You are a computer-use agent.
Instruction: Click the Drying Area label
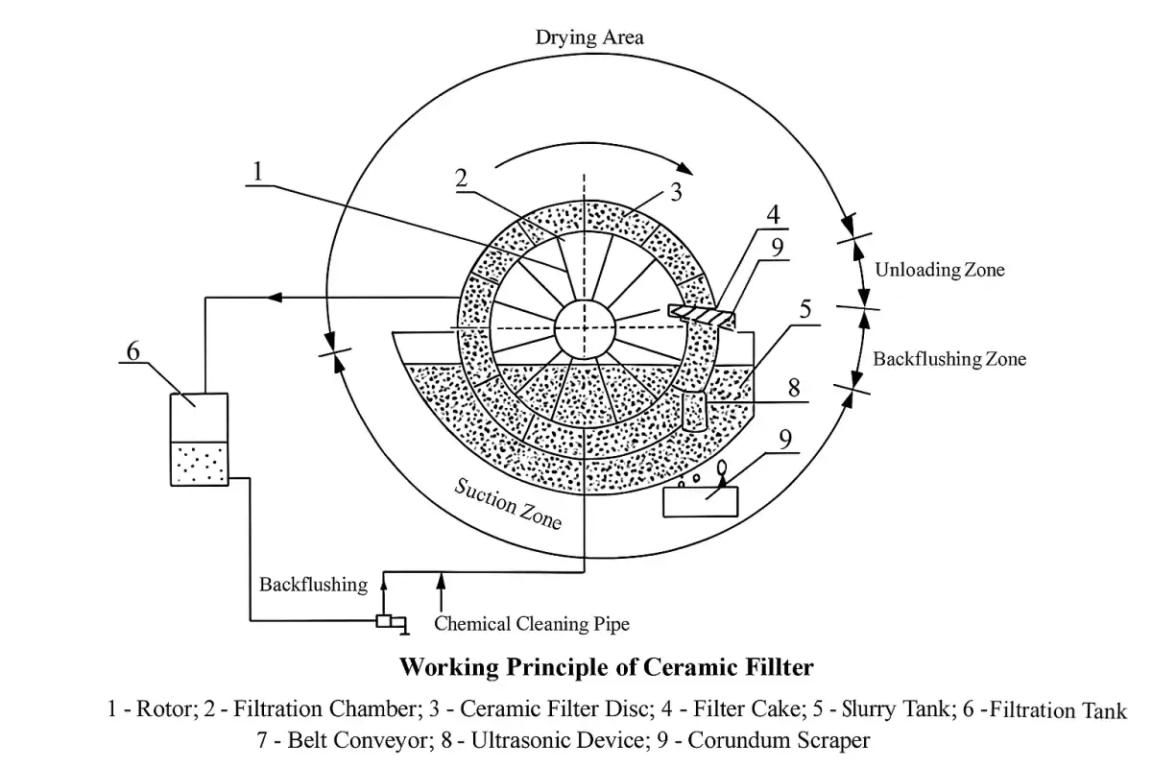click(x=589, y=38)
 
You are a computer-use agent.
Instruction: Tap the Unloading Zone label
click(x=939, y=270)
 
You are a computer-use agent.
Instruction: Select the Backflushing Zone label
click(x=948, y=359)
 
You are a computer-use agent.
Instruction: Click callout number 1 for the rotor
click(x=256, y=171)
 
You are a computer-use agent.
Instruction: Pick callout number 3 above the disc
click(x=676, y=192)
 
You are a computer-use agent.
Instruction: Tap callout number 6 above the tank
click(x=133, y=350)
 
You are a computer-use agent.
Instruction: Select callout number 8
click(x=793, y=390)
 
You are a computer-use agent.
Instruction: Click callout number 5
click(x=804, y=309)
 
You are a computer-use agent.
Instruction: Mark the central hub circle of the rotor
click(x=584, y=327)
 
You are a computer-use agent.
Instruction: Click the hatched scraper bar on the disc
click(x=701, y=314)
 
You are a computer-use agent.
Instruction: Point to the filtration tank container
click(x=199, y=440)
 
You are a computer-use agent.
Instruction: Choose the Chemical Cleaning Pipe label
click(x=532, y=624)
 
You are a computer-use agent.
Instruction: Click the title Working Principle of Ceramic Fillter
click(x=606, y=665)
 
